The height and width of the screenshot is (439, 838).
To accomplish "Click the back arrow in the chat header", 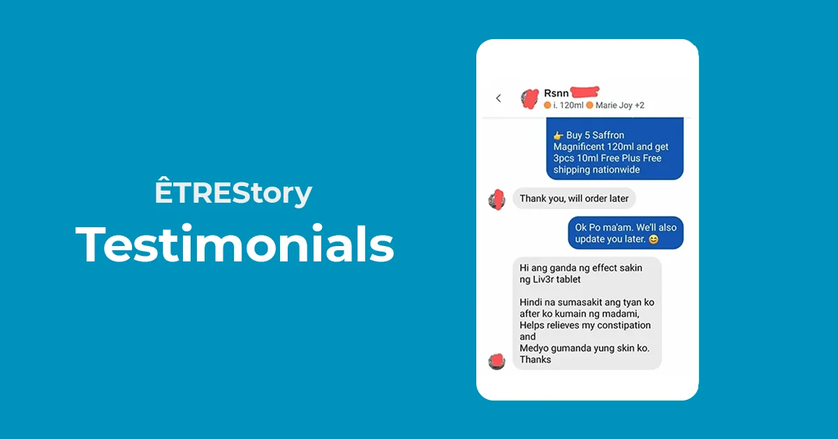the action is (499, 98).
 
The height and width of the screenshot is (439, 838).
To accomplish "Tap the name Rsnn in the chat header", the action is (556, 93).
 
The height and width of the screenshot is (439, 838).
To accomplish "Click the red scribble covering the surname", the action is (585, 92).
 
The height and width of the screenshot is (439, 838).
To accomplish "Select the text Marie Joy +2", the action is (620, 106).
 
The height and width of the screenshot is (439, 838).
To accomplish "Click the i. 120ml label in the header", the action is (568, 106).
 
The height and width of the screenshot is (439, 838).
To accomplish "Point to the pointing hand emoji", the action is (559, 135).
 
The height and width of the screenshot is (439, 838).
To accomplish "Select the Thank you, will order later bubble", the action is (574, 198).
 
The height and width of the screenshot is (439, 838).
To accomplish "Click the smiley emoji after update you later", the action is (653, 239).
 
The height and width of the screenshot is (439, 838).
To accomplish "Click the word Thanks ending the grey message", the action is (536, 359).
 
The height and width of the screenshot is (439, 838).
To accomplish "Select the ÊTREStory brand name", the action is (233, 192).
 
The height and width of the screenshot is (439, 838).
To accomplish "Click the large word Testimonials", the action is (235, 244).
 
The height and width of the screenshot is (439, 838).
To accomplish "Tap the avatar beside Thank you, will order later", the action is (497, 199).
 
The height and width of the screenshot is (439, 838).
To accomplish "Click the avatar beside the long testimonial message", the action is (497, 361).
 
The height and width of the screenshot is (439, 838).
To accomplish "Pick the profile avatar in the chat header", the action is (530, 99).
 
